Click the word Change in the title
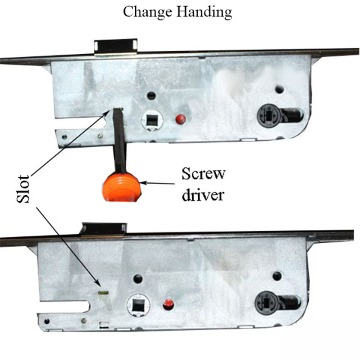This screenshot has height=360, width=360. pos(148,12)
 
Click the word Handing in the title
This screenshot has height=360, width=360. pos(204,12)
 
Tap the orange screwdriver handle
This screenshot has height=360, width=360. pos(120,187)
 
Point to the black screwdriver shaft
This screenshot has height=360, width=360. pos(119,140)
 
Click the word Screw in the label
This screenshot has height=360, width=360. pos(203,174)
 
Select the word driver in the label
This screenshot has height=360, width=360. pos(203,196)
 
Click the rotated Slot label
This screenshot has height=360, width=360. pos(23,189)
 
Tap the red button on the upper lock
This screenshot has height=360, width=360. pos(181,119)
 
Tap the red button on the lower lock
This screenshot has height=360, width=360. pos(168,304)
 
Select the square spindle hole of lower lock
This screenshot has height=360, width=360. pos(138,305)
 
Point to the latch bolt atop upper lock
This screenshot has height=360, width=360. pos(116,47)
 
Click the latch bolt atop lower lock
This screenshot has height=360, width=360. pos(104,229)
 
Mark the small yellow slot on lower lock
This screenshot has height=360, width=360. pos(104,293)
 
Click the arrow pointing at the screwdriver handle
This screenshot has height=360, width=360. pos(157,183)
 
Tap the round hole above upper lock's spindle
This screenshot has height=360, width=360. pos(151,95)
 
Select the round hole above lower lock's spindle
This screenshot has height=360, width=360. pos(138,279)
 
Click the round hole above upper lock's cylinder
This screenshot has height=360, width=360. pos(280,89)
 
